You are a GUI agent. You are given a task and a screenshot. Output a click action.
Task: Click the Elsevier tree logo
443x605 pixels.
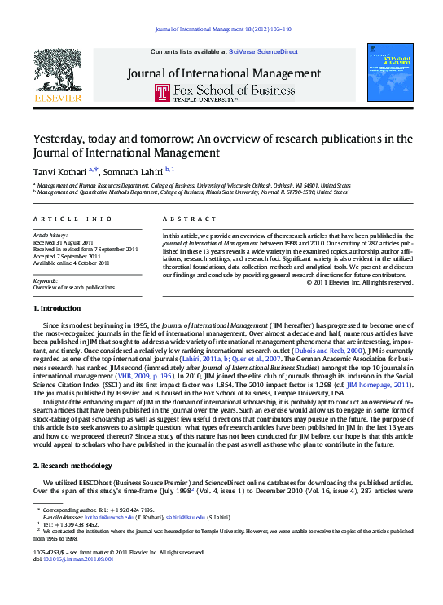click(x=58, y=70)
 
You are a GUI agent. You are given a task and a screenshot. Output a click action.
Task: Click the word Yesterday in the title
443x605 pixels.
click(x=62, y=139)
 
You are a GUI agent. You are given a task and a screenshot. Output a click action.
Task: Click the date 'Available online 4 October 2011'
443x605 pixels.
click(x=72, y=263)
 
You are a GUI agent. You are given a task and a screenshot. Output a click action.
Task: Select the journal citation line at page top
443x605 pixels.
click(x=221, y=29)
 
